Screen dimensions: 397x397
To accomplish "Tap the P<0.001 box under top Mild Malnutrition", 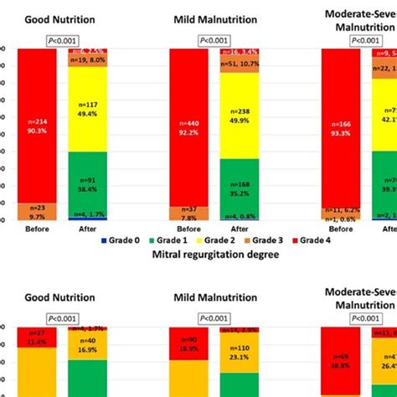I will coord(214,40).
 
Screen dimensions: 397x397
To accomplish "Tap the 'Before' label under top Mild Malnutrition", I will coord(189,228).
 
